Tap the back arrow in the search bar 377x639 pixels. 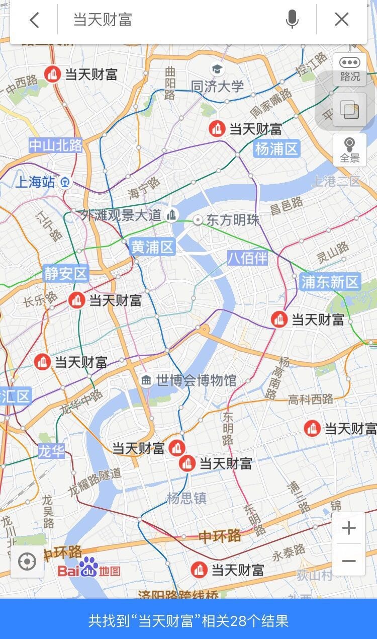34,20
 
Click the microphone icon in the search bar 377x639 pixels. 292,20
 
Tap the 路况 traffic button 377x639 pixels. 350,69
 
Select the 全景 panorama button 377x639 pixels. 350,150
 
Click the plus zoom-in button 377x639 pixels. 349,528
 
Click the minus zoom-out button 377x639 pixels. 349,561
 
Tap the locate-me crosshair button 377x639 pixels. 27,562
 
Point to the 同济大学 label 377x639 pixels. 217,86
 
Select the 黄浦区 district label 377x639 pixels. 152,247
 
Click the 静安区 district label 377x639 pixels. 66,274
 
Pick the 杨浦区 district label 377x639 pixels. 277,148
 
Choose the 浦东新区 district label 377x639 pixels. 330,282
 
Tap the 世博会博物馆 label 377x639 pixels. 196,380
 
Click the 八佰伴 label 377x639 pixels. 247,258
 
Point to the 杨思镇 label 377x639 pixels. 186,498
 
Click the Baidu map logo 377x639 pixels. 89,569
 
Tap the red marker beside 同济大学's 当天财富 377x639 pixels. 217,129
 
